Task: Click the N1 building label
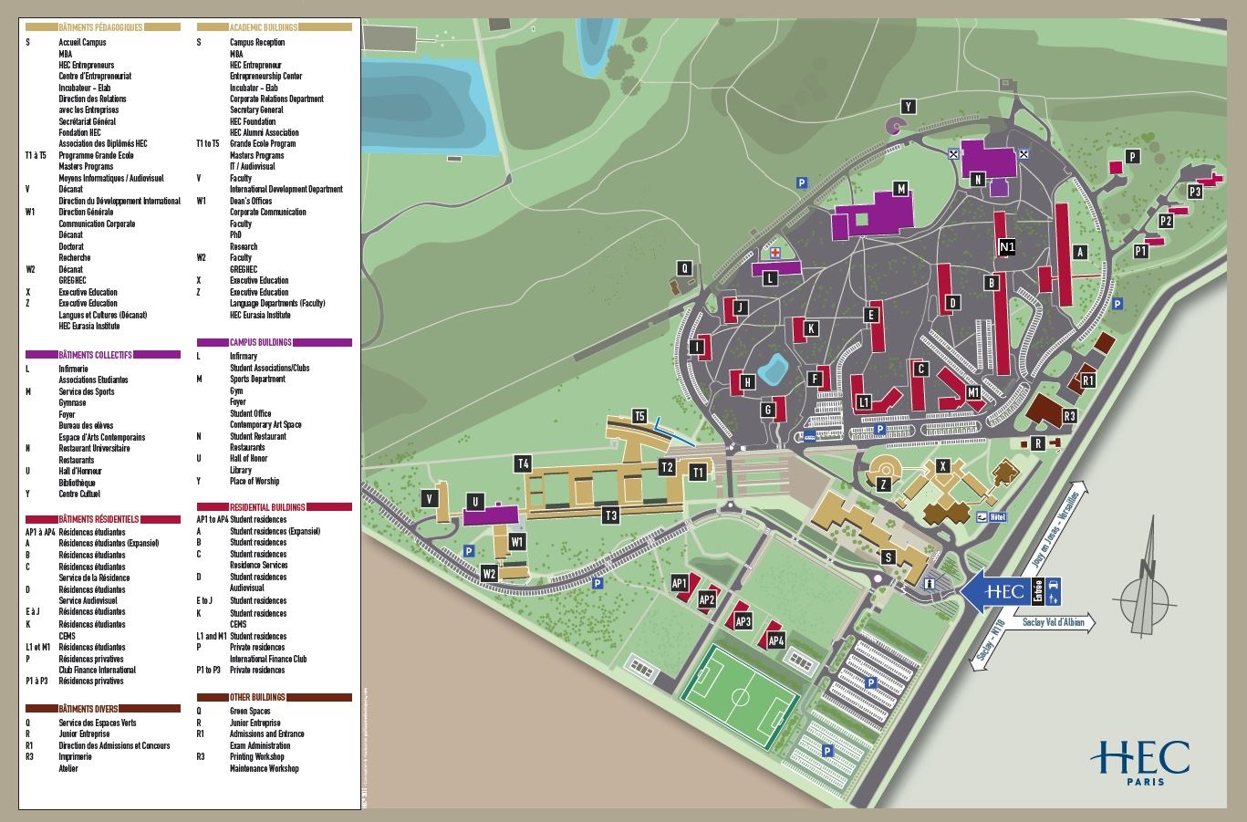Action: coord(1007,246)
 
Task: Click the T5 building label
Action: coord(639,417)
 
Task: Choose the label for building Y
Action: coord(908,107)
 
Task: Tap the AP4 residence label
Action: coord(776,640)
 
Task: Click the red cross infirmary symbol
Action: coord(774,252)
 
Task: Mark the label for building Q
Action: coord(684,268)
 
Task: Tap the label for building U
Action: coord(474,502)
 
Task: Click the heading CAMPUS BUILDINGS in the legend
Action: coord(261,342)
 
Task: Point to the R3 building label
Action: coord(1070,416)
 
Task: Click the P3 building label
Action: coord(1195,192)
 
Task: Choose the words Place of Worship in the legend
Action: coord(255,481)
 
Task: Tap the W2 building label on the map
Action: coord(489,574)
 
